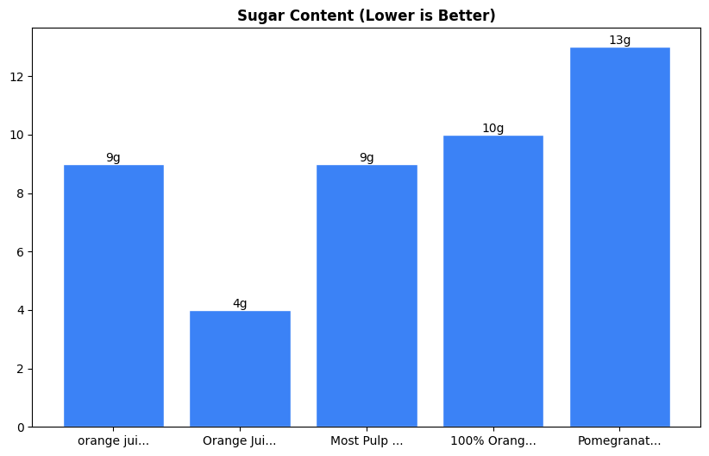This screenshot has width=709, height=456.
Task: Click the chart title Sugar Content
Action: point(366,16)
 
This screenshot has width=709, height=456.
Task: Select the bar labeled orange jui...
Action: point(113,295)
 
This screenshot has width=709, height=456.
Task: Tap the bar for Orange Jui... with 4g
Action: point(240,369)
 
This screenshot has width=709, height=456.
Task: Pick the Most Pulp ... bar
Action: point(367,295)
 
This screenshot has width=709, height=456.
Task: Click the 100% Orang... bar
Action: point(493,281)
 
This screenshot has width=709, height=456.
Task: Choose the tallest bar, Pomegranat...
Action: point(619,237)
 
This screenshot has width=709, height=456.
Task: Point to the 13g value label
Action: point(619,40)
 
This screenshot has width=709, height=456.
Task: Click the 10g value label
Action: point(493,128)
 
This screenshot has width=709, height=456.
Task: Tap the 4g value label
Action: point(240,303)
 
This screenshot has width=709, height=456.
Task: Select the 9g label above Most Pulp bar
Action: point(367,157)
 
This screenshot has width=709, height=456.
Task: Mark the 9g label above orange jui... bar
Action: point(113,157)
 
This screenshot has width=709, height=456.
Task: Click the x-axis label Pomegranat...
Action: point(619,440)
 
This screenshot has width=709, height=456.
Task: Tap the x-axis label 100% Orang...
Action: point(493,440)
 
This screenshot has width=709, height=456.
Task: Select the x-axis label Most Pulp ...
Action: point(367,440)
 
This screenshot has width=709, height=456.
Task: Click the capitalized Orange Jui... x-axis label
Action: point(240,440)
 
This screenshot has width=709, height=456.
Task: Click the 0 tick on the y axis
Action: point(22,427)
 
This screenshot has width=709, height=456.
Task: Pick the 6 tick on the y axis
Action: point(22,252)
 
